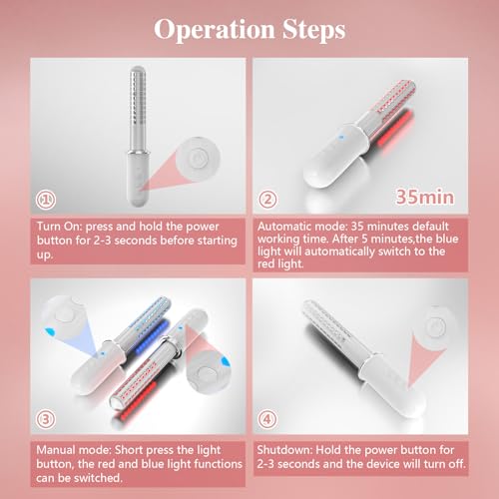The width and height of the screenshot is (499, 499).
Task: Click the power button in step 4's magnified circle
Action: click(x=434, y=327)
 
